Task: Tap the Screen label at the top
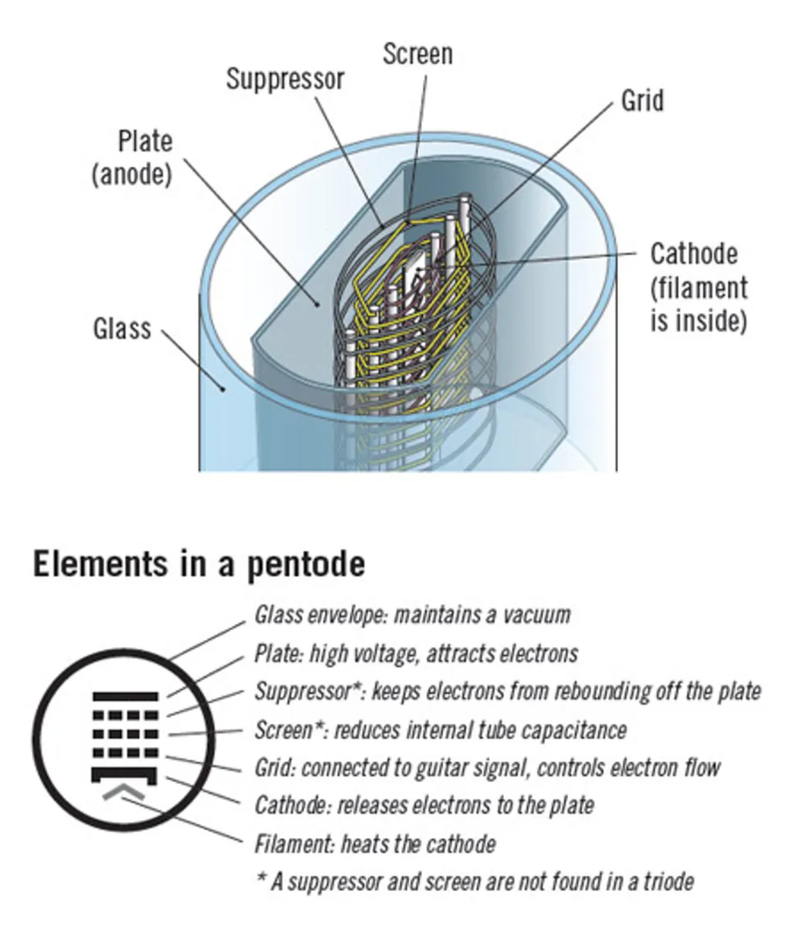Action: pos(417,53)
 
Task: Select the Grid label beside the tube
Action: pos(642,102)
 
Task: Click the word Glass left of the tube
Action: pos(121,329)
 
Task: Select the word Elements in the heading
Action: pos(96,565)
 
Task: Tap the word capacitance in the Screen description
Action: pos(570,730)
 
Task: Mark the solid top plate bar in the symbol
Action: pos(125,694)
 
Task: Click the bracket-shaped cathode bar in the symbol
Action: pos(125,773)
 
